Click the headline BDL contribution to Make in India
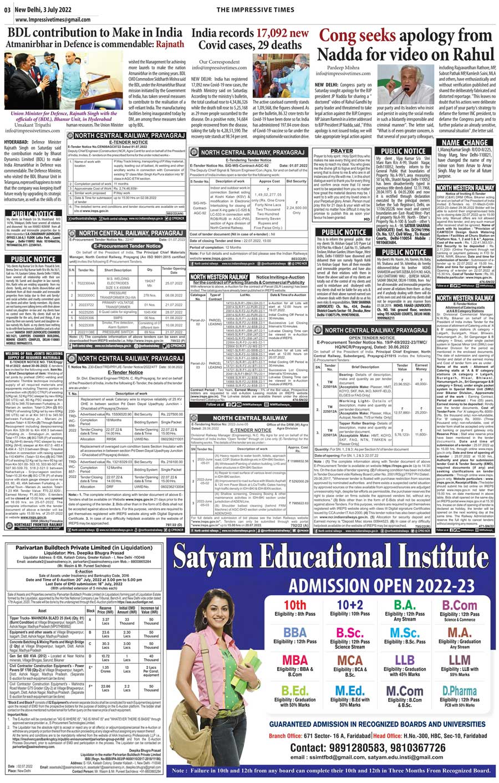pos(95,32)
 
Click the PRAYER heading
pos(342,151)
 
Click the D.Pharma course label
pos(459,691)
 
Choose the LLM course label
pos(460,660)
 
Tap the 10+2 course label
pos(350,605)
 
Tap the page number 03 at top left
pos(7,9)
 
